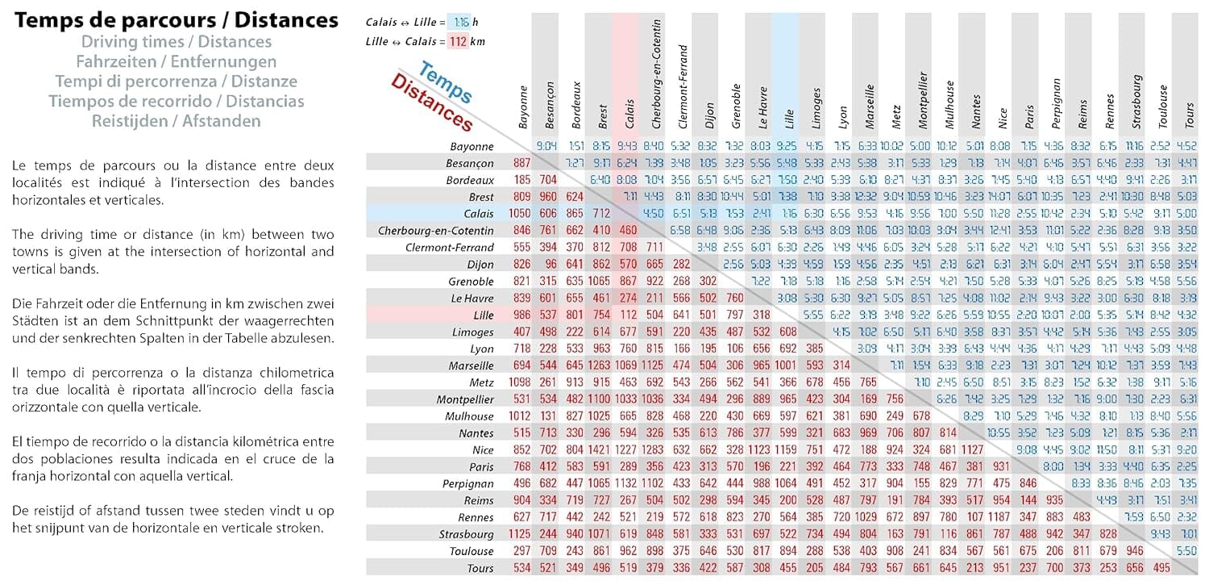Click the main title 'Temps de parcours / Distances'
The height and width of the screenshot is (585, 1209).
(177, 20)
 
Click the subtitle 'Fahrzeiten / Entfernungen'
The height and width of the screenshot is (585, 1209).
(177, 61)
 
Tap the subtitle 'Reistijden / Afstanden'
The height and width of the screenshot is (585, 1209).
(177, 121)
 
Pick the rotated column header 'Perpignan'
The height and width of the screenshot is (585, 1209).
(1057, 104)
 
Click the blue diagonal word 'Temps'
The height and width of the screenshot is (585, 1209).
(446, 85)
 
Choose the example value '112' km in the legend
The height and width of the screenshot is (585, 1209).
(458, 41)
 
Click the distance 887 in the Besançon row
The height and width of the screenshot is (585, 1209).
(521, 163)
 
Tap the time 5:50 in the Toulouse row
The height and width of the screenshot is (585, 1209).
(1187, 551)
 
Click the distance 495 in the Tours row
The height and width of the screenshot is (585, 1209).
(1161, 568)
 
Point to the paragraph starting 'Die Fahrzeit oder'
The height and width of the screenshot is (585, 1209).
(173, 320)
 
